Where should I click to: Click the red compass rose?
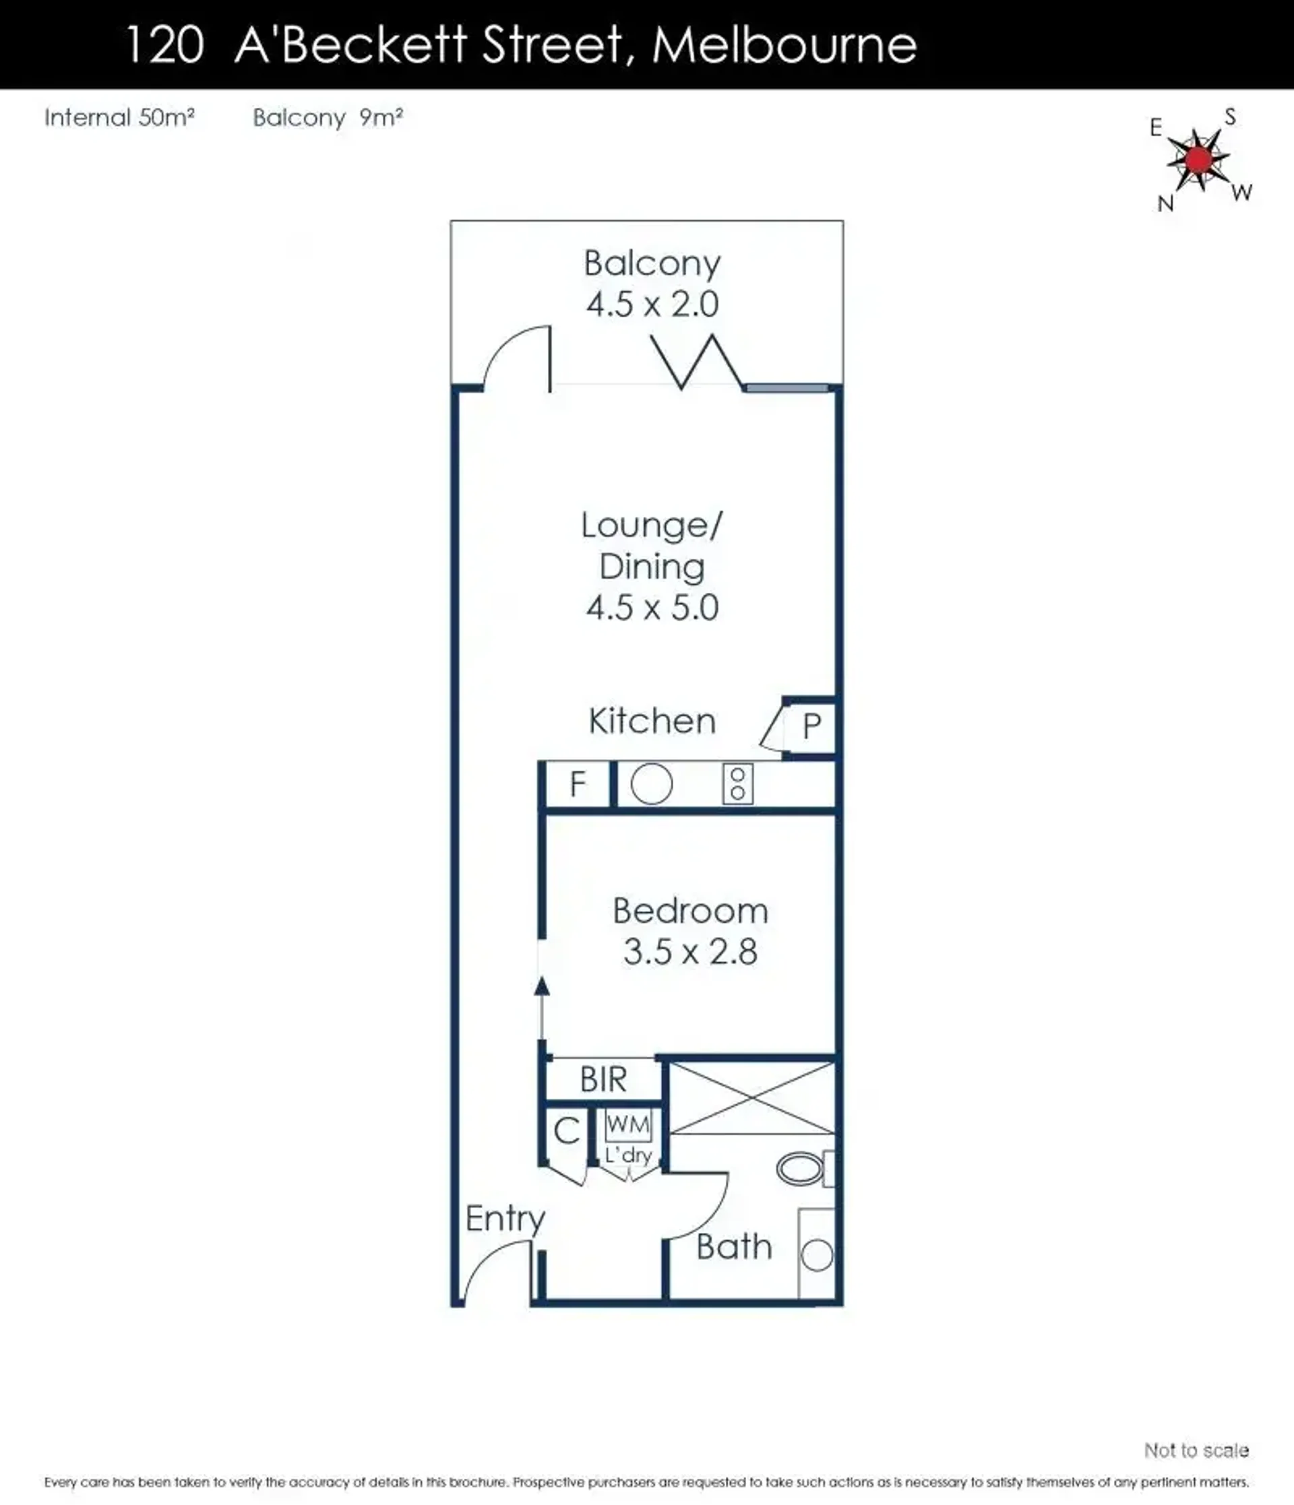(1199, 159)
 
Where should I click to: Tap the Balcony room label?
(652, 263)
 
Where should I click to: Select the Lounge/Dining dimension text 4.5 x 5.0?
(652, 607)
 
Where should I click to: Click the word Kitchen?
(652, 722)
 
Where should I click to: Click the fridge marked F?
(578, 784)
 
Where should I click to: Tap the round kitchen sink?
(652, 784)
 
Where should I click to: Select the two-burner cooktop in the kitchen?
(737, 784)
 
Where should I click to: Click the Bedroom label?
(690, 911)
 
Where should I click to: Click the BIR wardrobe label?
(603, 1080)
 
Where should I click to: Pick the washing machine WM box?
(629, 1125)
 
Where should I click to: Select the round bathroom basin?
(818, 1256)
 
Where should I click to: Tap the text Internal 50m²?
(119, 118)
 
